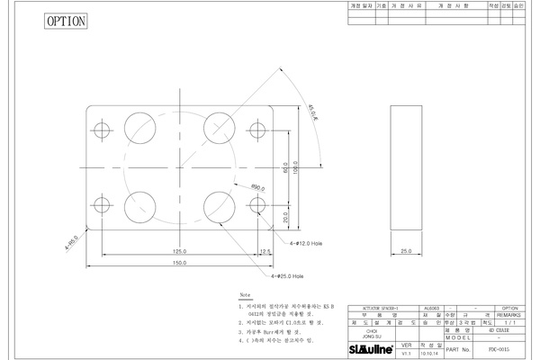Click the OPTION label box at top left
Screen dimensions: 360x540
click(x=67, y=20)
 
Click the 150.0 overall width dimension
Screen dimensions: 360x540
click(x=179, y=263)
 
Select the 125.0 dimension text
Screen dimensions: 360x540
click(x=179, y=251)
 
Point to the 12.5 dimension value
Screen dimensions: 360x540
click(x=265, y=251)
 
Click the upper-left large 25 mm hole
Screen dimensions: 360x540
click(x=139, y=126)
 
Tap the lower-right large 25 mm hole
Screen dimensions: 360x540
click(x=219, y=206)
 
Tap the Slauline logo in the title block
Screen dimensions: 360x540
click(x=371, y=349)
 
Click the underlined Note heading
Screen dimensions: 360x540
click(x=245, y=295)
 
